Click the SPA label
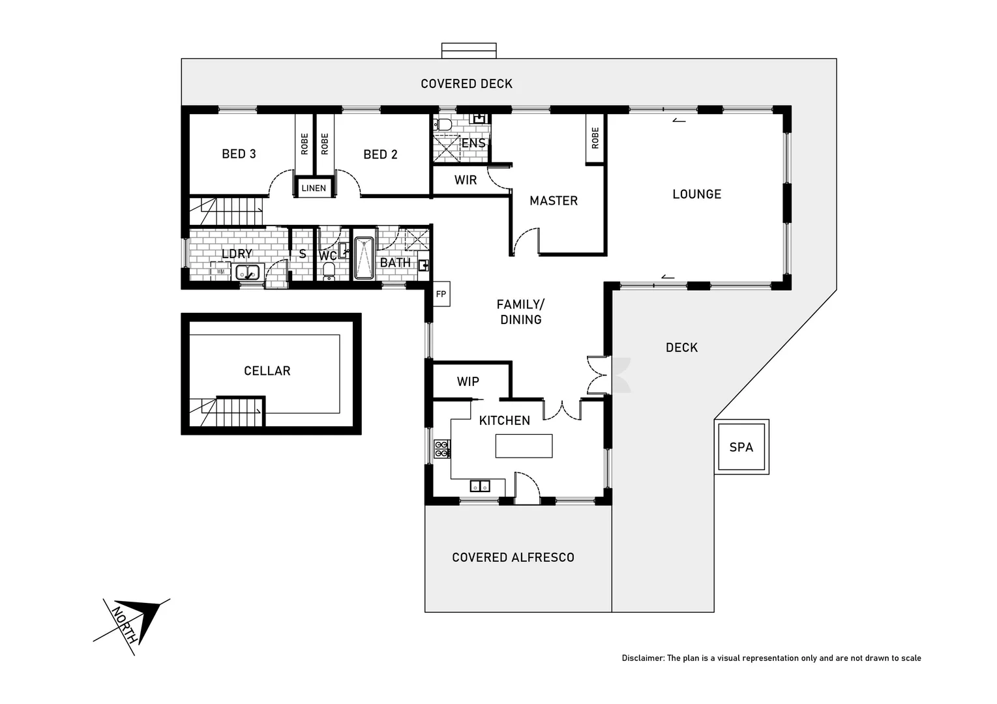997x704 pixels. (741, 447)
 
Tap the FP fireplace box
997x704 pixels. (441, 294)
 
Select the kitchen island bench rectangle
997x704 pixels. (524, 446)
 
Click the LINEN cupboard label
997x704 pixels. (314, 188)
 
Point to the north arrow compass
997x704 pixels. (133, 623)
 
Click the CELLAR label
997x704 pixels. (267, 371)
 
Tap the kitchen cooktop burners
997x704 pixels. (442, 448)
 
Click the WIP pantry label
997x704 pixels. (468, 382)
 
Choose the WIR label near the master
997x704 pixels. (466, 180)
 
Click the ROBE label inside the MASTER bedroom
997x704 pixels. (595, 138)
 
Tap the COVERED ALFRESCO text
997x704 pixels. (513, 557)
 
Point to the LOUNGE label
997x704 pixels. (696, 194)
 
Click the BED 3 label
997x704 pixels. (239, 154)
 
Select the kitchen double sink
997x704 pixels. (480, 486)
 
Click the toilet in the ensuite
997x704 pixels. (445, 125)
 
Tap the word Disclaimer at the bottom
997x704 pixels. (642, 658)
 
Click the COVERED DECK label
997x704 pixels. (466, 84)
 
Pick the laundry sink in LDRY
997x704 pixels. (247, 272)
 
